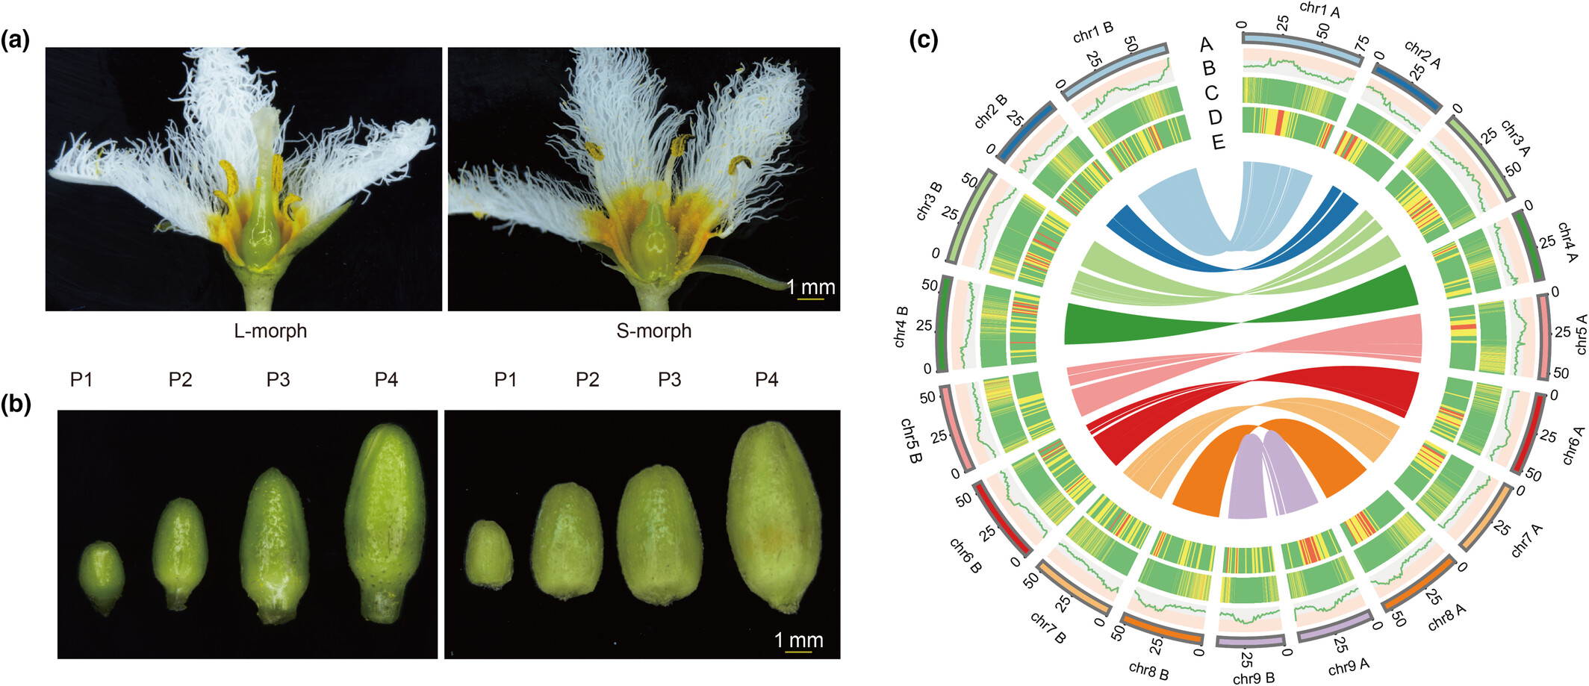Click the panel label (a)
pyautogui.click(x=16, y=40)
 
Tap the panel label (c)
pyautogui.click(x=924, y=40)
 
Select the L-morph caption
pyautogui.click(x=270, y=331)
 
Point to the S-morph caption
pyautogui.click(x=653, y=331)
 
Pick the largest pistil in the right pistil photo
pyautogui.click(x=774, y=515)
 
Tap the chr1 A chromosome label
pyautogui.click(x=1319, y=9)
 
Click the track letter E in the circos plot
pyautogui.click(x=1219, y=142)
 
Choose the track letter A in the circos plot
pyautogui.click(x=1206, y=45)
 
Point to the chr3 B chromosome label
pyautogui.click(x=930, y=202)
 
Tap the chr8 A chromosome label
pyautogui.click(x=1446, y=617)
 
